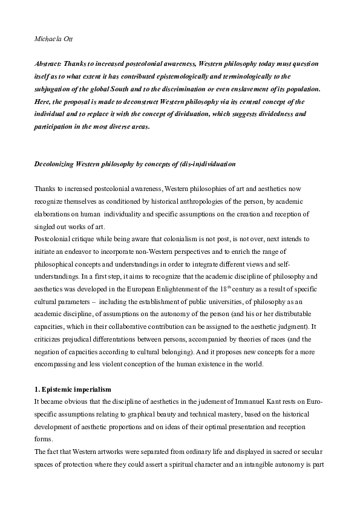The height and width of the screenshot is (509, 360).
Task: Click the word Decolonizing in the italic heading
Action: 55,164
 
